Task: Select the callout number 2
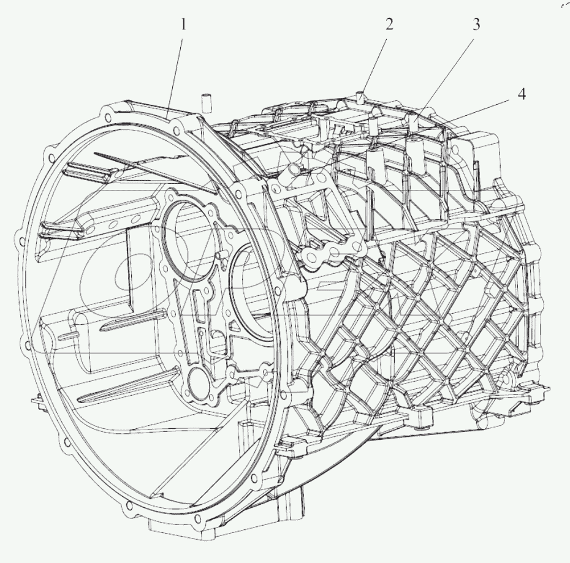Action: click(389, 24)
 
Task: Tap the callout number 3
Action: click(476, 24)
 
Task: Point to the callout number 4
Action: click(521, 95)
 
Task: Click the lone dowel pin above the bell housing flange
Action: click(207, 101)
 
